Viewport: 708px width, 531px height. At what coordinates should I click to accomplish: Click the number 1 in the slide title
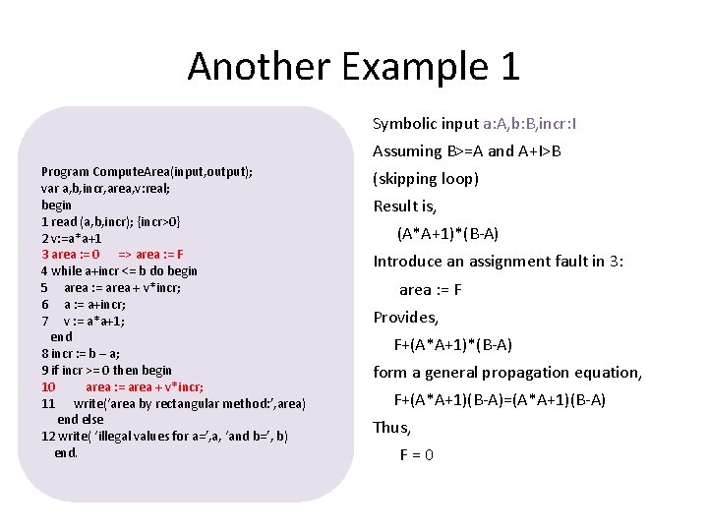508,67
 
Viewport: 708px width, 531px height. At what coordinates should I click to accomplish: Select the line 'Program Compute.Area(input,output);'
147,171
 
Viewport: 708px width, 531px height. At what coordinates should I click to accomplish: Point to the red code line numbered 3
112,254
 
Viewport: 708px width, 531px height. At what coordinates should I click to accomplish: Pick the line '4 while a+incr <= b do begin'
119,270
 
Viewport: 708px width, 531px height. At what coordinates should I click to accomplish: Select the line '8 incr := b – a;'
81,353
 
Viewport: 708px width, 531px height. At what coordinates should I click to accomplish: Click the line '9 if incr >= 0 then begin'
106,370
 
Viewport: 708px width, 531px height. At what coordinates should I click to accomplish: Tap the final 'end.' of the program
66,452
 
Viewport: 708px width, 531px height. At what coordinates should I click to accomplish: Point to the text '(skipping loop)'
426,179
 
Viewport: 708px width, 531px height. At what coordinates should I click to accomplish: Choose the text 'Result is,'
404,206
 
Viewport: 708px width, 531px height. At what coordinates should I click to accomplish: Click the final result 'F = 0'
417,455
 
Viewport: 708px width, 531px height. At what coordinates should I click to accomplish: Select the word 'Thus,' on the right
391,428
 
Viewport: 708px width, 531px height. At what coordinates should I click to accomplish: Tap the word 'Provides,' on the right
405,318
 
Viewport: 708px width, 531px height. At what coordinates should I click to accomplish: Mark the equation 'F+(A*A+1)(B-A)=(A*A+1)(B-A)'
500,400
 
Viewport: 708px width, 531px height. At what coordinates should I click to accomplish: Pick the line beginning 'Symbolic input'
475,124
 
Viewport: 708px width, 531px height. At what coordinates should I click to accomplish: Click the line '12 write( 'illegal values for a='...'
164,436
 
